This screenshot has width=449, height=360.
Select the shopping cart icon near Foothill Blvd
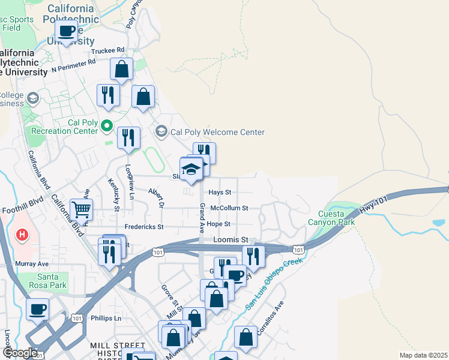(x=81, y=210)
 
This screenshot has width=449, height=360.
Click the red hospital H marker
(x=23, y=234)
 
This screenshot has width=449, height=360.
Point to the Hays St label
(x=220, y=193)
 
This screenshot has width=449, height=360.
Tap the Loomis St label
(x=231, y=239)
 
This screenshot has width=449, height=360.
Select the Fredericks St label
(x=143, y=227)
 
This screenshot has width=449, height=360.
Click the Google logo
(x=20, y=353)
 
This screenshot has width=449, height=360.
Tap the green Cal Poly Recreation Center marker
(x=107, y=126)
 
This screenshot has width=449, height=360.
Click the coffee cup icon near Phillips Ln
(x=38, y=310)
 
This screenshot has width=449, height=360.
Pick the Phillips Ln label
(x=106, y=318)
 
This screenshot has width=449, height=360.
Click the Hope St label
(x=219, y=224)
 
